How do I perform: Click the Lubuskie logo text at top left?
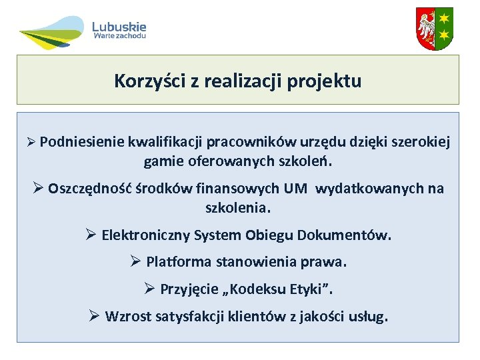pos(119,27)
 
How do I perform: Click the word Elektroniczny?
pos(145,235)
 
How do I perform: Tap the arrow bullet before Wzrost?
pos(94,316)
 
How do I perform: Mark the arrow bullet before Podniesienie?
pos(30,143)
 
